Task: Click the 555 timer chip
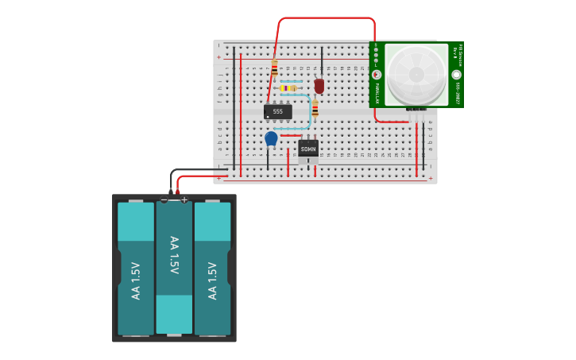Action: point(277,112)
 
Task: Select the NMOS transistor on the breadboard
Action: point(308,149)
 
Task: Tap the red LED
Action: point(319,86)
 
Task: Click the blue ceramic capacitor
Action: point(271,138)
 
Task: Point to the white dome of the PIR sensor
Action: point(417,74)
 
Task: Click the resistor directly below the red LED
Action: point(315,108)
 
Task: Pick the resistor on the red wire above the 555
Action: point(275,69)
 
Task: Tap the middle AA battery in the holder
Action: point(174,267)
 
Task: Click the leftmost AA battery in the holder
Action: point(136,269)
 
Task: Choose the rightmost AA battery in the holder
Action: point(212,269)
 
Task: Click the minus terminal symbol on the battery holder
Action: point(164,200)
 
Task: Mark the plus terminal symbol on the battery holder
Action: point(184,200)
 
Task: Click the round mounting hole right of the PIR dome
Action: point(456,75)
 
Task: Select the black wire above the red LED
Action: point(322,61)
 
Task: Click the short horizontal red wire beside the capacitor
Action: point(290,135)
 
